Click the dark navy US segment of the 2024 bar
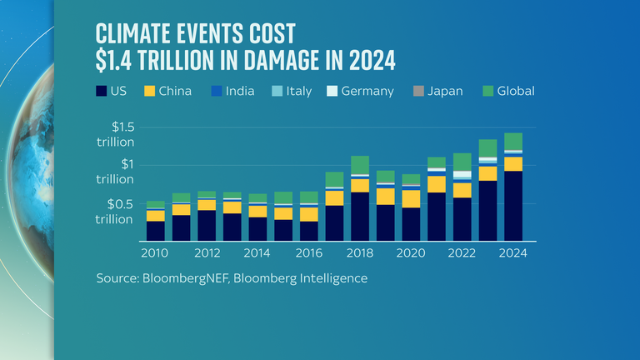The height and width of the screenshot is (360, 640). pyautogui.click(x=513, y=206)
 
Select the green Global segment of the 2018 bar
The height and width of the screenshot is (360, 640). pyautogui.click(x=360, y=165)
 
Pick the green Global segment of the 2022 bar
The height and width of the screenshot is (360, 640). pyautogui.click(x=462, y=162)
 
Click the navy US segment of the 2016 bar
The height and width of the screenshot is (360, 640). pyautogui.click(x=309, y=231)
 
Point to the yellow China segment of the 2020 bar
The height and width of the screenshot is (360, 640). pyautogui.click(x=411, y=198)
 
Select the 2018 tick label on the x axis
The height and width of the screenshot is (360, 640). pyautogui.click(x=360, y=252)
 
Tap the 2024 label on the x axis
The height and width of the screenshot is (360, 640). pyautogui.click(x=513, y=252)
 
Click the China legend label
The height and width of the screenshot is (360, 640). pyautogui.click(x=176, y=91)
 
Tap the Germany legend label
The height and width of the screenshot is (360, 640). pyautogui.click(x=367, y=91)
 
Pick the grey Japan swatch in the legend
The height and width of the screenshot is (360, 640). pyautogui.click(x=418, y=91)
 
